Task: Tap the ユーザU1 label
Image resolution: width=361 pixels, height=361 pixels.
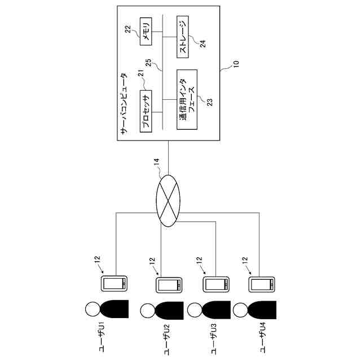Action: click(x=101, y=336)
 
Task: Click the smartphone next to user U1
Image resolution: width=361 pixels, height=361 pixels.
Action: click(x=115, y=284)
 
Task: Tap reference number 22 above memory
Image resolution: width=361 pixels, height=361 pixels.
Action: click(x=128, y=29)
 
